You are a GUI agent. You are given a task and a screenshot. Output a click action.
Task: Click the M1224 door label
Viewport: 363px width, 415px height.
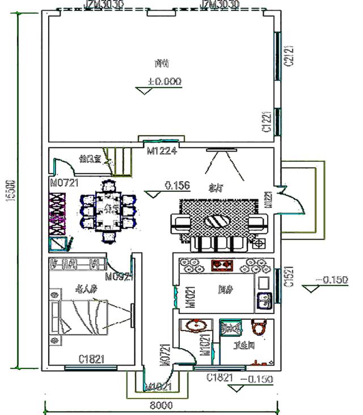click(162, 152)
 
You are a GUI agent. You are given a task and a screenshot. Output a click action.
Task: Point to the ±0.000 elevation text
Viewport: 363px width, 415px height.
click(164, 82)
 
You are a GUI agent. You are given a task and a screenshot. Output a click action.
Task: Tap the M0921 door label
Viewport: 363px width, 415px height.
click(120, 278)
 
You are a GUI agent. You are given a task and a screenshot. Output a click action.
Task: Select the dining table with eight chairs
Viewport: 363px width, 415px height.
click(108, 210)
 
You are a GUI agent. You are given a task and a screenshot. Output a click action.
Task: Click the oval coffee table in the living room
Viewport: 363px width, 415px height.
click(218, 221)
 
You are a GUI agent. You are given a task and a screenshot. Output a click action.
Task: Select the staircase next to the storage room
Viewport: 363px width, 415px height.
click(121, 163)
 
